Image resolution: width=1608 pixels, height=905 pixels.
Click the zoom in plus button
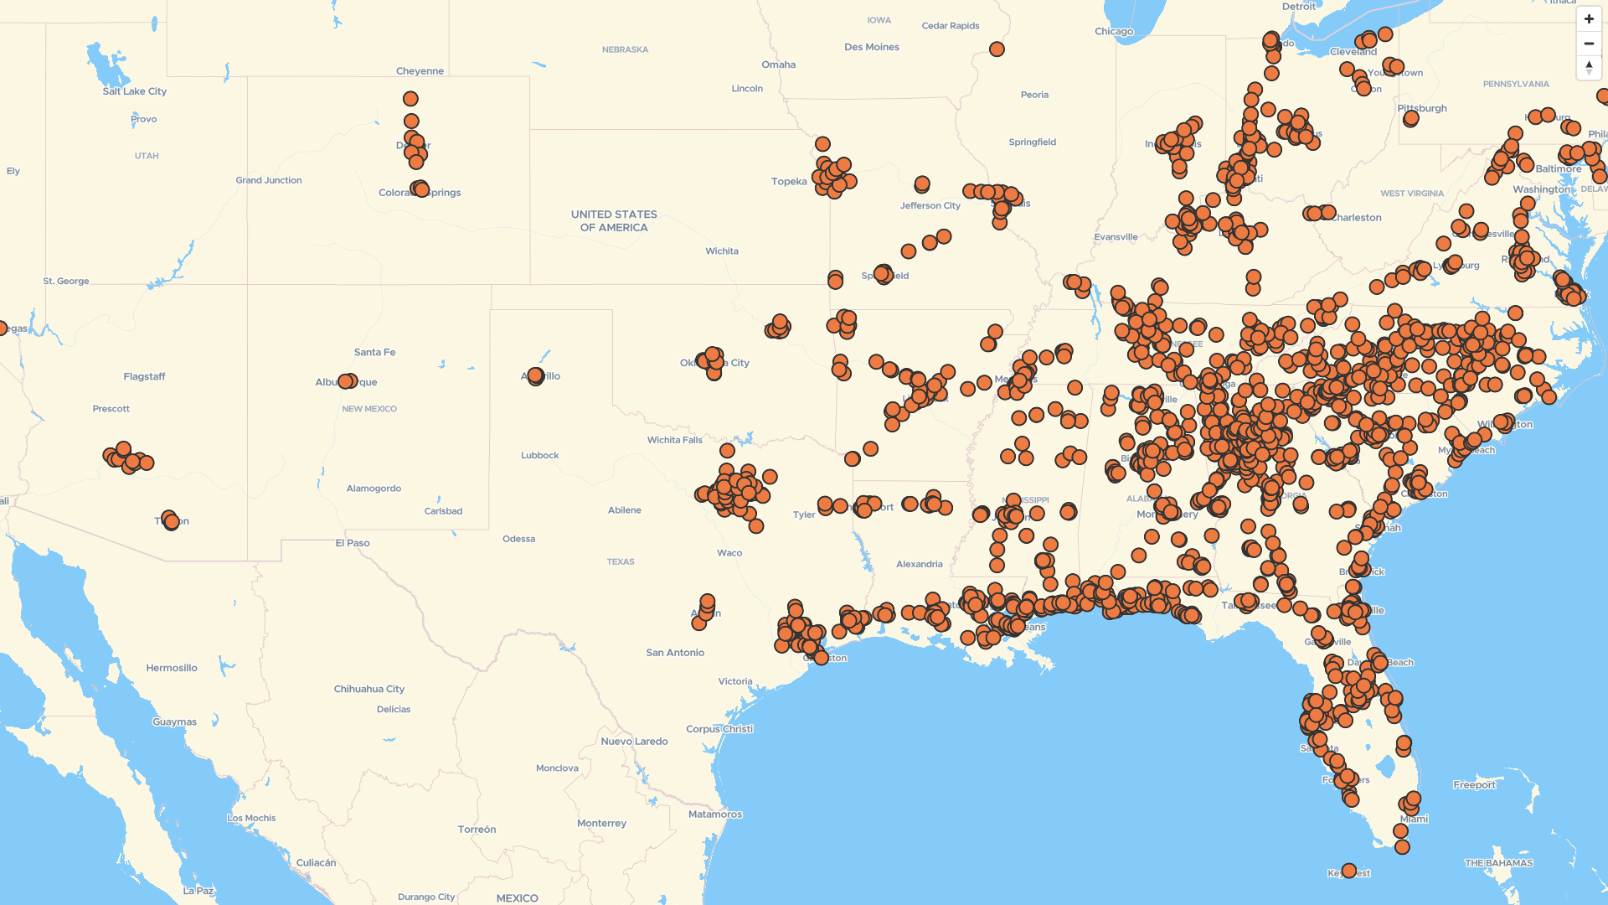coord(1589,19)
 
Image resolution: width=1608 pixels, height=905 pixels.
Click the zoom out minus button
coord(1589,44)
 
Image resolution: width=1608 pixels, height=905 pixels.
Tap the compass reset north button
coord(1589,68)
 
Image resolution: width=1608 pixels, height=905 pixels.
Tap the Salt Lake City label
coord(134,91)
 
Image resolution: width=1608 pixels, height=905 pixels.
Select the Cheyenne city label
coord(420,71)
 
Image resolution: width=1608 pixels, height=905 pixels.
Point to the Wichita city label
coord(721,251)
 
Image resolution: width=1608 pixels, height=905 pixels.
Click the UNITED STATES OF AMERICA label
coord(614,221)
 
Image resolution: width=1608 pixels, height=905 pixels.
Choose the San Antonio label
coord(675,653)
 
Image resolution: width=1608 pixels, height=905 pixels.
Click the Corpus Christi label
coord(719,729)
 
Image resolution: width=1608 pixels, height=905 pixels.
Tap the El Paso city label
coord(353,543)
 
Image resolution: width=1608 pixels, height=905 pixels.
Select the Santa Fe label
coord(374,353)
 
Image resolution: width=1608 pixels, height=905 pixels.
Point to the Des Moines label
coord(871,48)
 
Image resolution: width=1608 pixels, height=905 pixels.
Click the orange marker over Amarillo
coord(536,376)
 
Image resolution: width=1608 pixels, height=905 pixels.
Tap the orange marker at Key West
coord(1348,871)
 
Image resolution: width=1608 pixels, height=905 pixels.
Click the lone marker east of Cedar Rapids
coord(997,49)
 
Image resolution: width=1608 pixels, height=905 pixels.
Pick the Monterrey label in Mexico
coord(601,824)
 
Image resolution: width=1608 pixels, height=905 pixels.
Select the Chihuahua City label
coord(368,690)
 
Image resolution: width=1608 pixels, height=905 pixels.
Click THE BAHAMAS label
coord(1498,863)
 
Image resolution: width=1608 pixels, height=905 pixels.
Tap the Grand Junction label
coord(268,181)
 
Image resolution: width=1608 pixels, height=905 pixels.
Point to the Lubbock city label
coord(539,456)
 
